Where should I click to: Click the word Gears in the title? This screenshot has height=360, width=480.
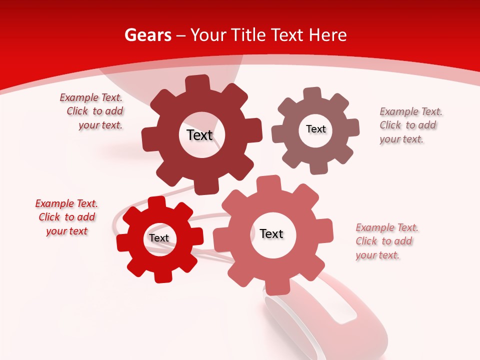148,35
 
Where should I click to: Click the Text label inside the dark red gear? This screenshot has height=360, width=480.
199,135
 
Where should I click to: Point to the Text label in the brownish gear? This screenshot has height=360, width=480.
315,129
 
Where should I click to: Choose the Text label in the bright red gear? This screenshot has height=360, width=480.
159,238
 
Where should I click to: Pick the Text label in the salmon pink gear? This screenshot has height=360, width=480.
271,233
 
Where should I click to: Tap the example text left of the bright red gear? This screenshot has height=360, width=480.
66,217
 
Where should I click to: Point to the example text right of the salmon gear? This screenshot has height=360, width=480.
386,241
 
